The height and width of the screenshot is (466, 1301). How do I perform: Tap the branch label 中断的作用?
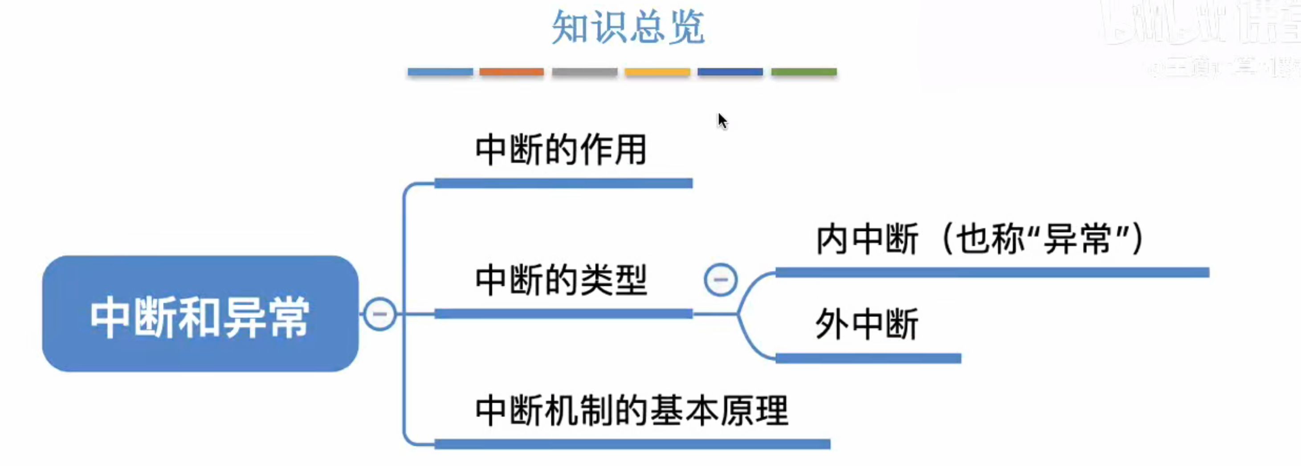[561, 150]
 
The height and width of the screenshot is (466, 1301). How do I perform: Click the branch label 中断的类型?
[561, 280]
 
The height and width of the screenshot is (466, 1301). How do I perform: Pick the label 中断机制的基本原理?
[631, 410]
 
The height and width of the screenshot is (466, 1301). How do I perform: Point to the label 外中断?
[867, 324]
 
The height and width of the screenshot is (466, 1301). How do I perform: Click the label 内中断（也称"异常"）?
[980, 239]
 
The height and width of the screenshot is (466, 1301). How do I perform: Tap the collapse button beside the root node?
[380, 314]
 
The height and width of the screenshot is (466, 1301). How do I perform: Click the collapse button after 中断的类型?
[721, 280]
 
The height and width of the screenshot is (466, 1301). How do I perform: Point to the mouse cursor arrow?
[722, 120]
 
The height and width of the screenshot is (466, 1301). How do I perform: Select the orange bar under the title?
[512, 72]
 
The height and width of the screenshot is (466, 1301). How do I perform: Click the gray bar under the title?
[584, 72]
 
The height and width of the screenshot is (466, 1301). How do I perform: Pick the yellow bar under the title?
[657, 72]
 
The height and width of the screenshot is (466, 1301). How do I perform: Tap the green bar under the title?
[803, 72]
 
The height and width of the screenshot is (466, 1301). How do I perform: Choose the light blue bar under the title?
[440, 72]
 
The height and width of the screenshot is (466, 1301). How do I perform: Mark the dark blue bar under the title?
[730, 72]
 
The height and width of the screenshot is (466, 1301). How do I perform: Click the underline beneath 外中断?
[868, 358]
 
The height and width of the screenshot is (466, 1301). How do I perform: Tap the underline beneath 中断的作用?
[563, 183]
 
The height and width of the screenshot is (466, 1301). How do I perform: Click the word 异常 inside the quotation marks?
[1077, 239]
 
